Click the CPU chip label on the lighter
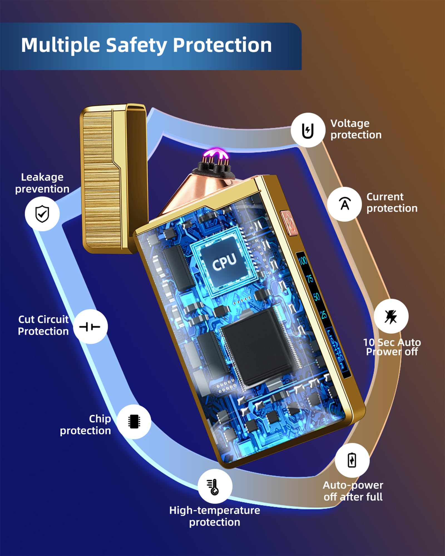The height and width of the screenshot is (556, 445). (224, 261)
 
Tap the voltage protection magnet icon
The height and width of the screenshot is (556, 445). (308, 130)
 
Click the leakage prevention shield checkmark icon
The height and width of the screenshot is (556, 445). (42, 214)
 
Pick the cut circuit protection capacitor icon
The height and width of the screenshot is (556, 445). (90, 326)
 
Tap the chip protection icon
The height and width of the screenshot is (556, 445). (134, 421)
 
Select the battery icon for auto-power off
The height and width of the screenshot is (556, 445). (352, 460)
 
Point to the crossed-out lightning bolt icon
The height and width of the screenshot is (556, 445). (391, 317)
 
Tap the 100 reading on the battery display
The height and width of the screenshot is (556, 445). (303, 260)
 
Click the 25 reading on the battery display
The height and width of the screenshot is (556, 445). (323, 315)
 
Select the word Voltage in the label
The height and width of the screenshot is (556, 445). (350, 123)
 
